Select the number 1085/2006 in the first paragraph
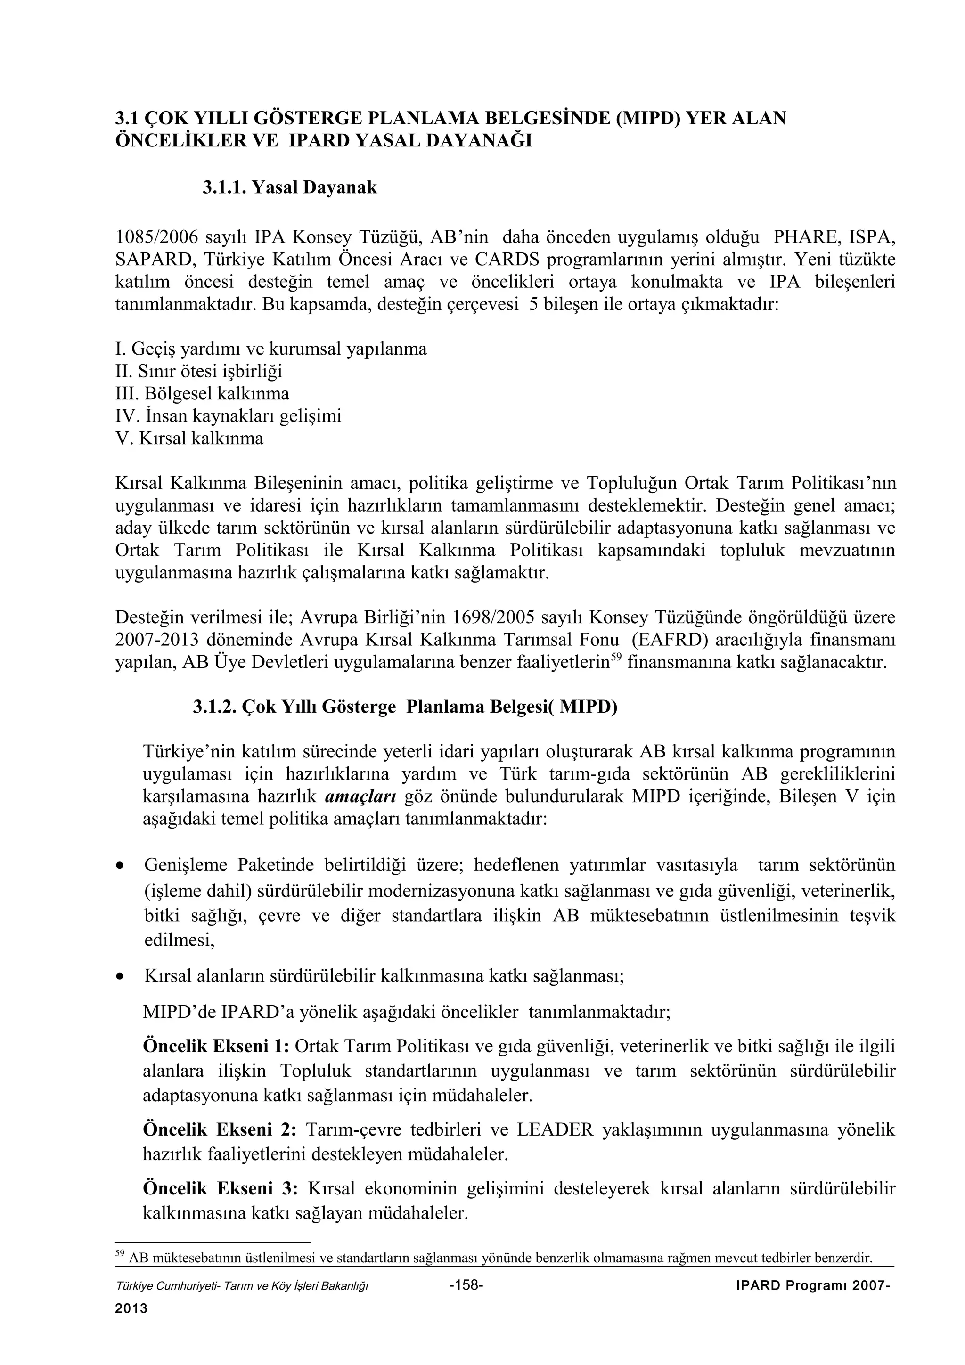point(155,237)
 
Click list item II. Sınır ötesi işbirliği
point(198,371)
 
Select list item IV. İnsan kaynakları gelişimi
point(229,415)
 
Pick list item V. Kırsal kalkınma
point(189,438)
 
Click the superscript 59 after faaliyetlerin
point(616,657)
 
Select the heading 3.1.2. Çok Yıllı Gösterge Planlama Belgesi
point(404,707)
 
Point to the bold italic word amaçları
point(361,796)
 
